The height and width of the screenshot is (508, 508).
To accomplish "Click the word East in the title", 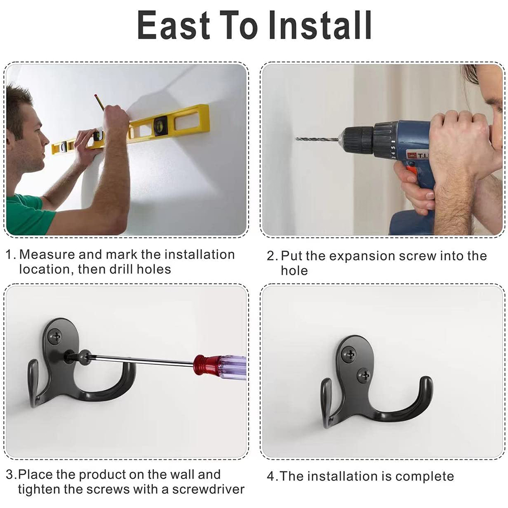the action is pyautogui.click(x=174, y=25).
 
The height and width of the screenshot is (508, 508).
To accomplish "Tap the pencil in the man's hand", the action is pyautogui.click(x=99, y=102).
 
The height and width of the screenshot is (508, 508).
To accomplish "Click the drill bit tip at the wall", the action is pyautogui.click(x=296, y=139).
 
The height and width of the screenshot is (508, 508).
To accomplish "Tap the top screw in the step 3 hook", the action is pyautogui.click(x=55, y=336).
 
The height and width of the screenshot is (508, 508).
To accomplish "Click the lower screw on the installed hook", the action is pyautogui.click(x=364, y=376).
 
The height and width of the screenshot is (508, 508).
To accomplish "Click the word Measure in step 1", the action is pyautogui.click(x=47, y=255).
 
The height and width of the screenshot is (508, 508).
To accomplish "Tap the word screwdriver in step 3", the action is pyautogui.click(x=208, y=489).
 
